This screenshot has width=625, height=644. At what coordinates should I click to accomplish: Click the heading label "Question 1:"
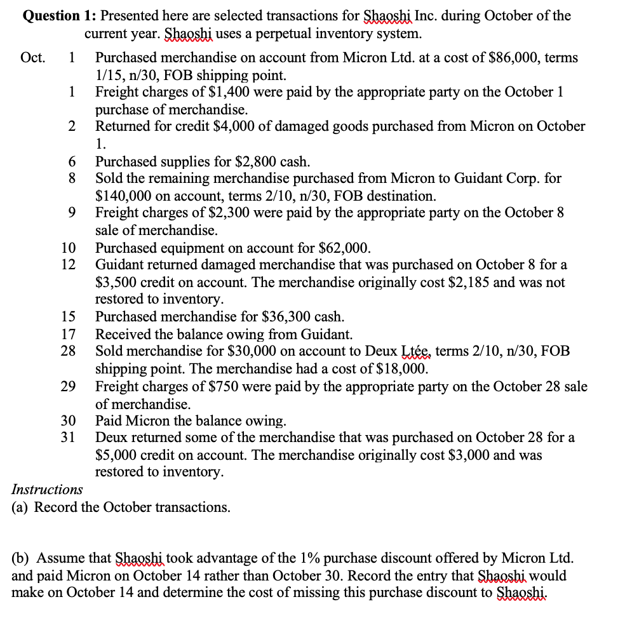pyautogui.click(x=59, y=15)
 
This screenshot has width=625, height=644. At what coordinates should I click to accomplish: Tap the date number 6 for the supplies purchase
pyautogui.click(x=72, y=161)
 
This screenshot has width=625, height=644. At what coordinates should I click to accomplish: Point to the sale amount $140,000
pyautogui.click(x=125, y=196)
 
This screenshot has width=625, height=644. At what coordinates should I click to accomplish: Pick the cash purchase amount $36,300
pyautogui.click(x=286, y=316)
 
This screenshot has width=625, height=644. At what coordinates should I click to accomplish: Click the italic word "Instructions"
pyautogui.click(x=47, y=490)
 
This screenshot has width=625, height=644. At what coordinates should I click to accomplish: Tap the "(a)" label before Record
pyautogui.click(x=22, y=507)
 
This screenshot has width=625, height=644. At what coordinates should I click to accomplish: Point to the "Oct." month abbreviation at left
pyautogui.click(x=33, y=58)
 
